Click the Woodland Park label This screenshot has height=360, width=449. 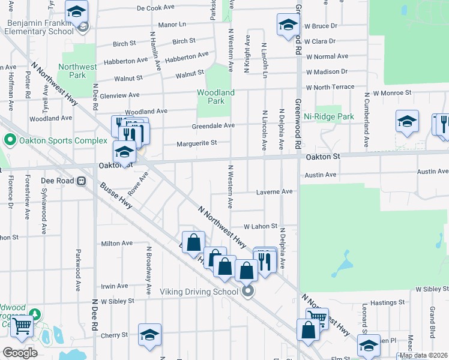216,97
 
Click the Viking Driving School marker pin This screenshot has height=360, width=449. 247,292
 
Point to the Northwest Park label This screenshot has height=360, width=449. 77,71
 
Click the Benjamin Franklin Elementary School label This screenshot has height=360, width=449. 40,27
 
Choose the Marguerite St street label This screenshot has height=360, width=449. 196,143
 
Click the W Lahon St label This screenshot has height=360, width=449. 260,227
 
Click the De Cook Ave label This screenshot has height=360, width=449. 155,8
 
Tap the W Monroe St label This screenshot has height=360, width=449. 392,93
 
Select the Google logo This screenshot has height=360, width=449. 20,352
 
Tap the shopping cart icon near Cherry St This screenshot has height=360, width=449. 22,327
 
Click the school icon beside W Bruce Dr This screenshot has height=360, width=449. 288,25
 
